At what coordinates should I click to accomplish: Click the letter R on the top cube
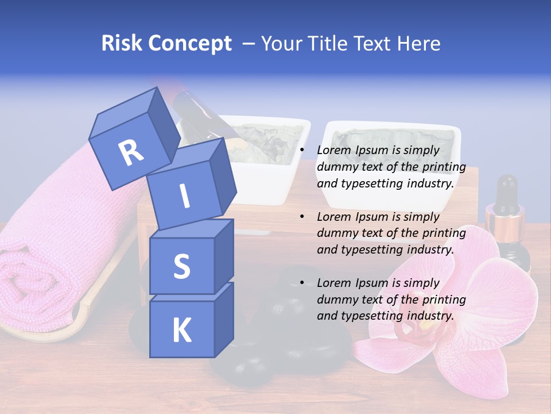(x=131, y=152)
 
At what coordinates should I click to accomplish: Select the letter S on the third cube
(x=181, y=266)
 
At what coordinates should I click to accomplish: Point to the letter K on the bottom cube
(x=181, y=330)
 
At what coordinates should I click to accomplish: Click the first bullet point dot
(x=302, y=151)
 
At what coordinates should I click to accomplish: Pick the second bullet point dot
(x=302, y=217)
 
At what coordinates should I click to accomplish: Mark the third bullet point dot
(x=302, y=283)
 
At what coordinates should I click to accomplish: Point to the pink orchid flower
(x=453, y=322)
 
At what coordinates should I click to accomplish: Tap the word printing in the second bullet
(x=443, y=233)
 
